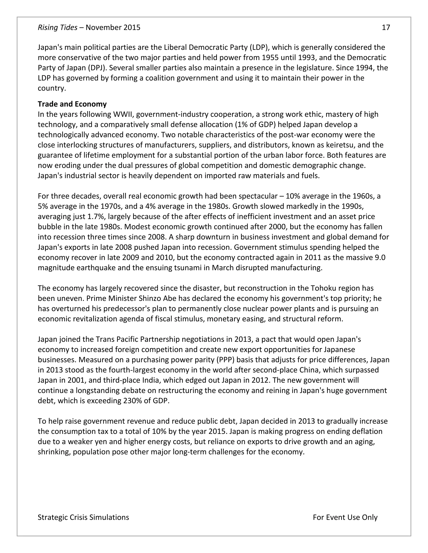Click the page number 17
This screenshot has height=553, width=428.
coord(386,27)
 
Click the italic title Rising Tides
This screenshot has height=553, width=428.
coord(57,27)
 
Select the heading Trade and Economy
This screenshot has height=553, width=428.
coord(72,104)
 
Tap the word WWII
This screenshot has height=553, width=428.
coord(123,114)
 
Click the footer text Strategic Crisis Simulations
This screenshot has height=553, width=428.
coord(83,517)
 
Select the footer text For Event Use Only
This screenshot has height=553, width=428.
coord(345,517)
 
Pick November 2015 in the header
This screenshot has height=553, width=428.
coord(113,27)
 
